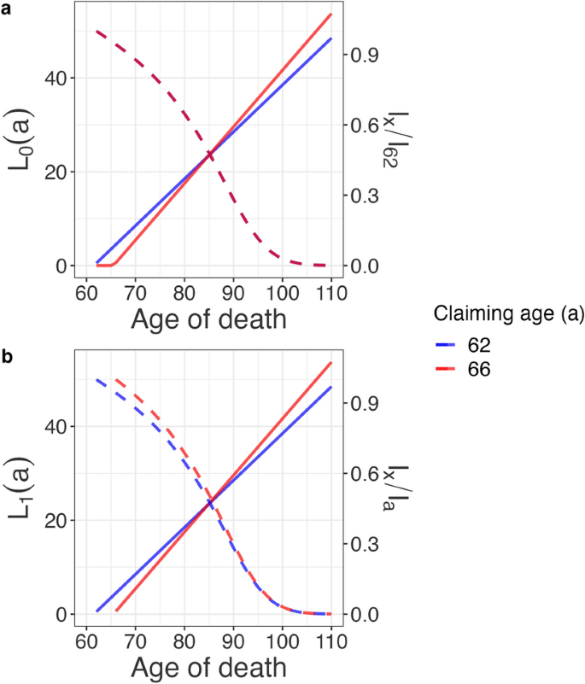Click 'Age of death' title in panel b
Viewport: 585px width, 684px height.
(208, 666)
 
